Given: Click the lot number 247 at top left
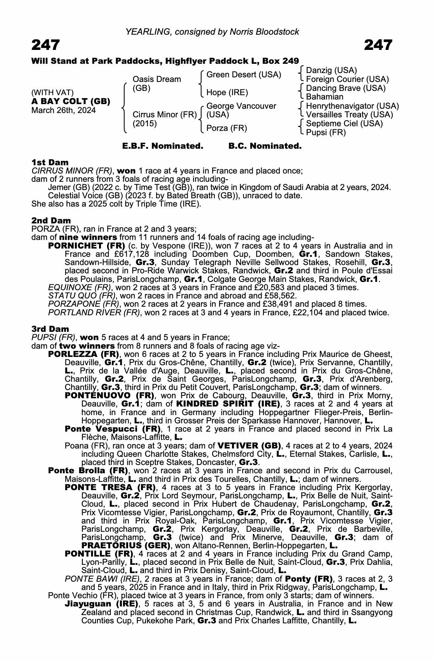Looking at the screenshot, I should (x=46, y=45).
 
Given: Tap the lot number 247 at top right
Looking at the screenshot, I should (x=378, y=45).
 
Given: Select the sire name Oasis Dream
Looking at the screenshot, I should (x=156, y=79).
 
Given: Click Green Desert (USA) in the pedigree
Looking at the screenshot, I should (x=244, y=75).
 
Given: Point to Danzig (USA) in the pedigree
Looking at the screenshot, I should (x=331, y=70).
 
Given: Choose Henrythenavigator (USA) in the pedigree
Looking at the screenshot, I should (x=352, y=106).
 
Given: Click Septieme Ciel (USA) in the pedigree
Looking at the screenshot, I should (x=344, y=124).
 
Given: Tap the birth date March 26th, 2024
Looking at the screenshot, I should (x=63, y=110).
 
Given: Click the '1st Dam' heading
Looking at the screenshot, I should (x=50, y=162).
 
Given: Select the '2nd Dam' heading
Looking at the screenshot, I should (x=51, y=220).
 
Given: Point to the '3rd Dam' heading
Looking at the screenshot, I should (x=50, y=329).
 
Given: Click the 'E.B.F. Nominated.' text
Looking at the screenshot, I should (x=162, y=146).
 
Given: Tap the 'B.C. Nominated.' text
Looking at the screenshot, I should (x=265, y=146).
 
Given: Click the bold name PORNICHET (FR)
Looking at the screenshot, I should (x=86, y=246).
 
